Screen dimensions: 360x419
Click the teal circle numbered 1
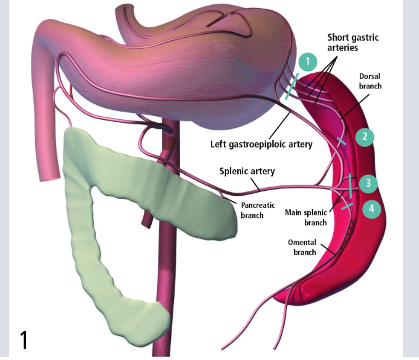307,61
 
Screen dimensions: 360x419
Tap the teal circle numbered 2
365,136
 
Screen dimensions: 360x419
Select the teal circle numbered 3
368,183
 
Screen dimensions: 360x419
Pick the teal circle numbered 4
371,209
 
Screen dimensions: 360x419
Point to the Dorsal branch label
370,81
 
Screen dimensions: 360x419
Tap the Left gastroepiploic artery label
262,144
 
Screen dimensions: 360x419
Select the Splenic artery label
247,171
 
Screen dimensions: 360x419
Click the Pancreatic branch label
258,210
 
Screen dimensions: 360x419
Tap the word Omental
302,242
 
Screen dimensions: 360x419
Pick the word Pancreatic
258,205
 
